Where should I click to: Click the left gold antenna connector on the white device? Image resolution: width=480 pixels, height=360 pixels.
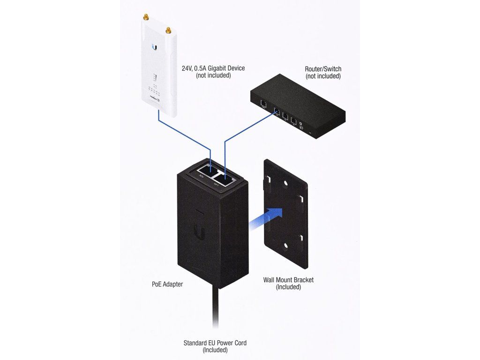pyautogui.click(x=145, y=17)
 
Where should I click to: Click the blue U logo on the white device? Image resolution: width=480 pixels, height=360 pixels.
pyautogui.click(x=154, y=47)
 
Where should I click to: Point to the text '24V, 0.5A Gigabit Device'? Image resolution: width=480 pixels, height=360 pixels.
pyautogui.click(x=213, y=68)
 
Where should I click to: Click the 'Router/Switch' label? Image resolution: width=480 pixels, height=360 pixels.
pyautogui.click(x=323, y=69)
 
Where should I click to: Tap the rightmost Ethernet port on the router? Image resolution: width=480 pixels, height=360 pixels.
pyautogui.click(x=293, y=120)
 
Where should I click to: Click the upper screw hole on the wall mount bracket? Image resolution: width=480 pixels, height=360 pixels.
pyautogui.click(x=282, y=184)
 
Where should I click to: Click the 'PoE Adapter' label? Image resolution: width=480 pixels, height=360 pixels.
pyautogui.click(x=167, y=284)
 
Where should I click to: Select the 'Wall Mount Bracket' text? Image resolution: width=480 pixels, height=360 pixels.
pyautogui.click(x=288, y=280)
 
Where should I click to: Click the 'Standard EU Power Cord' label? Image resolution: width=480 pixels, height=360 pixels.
pyautogui.click(x=215, y=343)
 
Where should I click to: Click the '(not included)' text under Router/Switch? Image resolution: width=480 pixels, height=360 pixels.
pyautogui.click(x=323, y=76)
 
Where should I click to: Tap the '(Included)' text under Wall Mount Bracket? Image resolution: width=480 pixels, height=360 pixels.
pyautogui.click(x=288, y=287)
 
